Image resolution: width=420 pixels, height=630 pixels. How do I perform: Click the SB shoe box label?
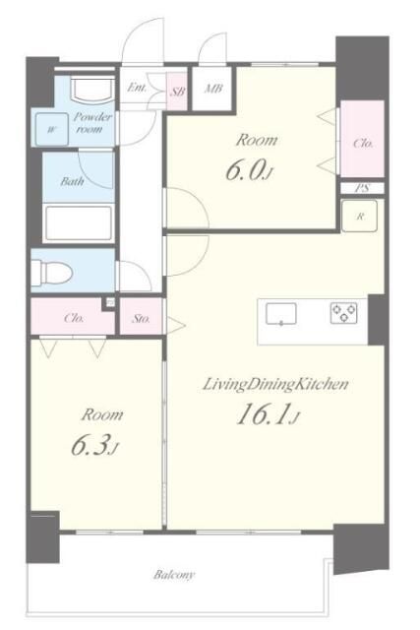[x=177, y=92]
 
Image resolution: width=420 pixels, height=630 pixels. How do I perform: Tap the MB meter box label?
[x=212, y=89]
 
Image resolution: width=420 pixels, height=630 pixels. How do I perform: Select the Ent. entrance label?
[x=137, y=88]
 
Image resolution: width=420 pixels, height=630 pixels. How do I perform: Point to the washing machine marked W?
[x=51, y=129]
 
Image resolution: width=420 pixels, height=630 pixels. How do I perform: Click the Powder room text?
[x=92, y=123]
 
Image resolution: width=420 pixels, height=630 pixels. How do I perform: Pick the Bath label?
[x=72, y=181]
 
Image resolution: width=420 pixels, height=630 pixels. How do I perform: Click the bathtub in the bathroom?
[x=79, y=223]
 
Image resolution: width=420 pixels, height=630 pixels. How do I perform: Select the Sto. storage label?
[x=141, y=319]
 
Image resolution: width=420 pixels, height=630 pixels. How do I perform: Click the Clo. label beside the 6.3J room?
[x=74, y=318]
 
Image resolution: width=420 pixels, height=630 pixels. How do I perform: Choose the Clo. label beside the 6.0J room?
[x=363, y=143]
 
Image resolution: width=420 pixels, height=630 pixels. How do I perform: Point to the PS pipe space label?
[x=362, y=188]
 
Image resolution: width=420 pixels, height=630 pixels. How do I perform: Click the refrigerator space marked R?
[x=359, y=216]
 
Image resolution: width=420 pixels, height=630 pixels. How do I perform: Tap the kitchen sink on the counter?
[x=281, y=314]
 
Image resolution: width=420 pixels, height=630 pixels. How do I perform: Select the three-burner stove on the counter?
[x=343, y=313]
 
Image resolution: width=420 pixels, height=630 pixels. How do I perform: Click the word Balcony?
[x=174, y=575]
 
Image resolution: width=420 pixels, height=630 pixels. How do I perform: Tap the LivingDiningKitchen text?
[x=275, y=385]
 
